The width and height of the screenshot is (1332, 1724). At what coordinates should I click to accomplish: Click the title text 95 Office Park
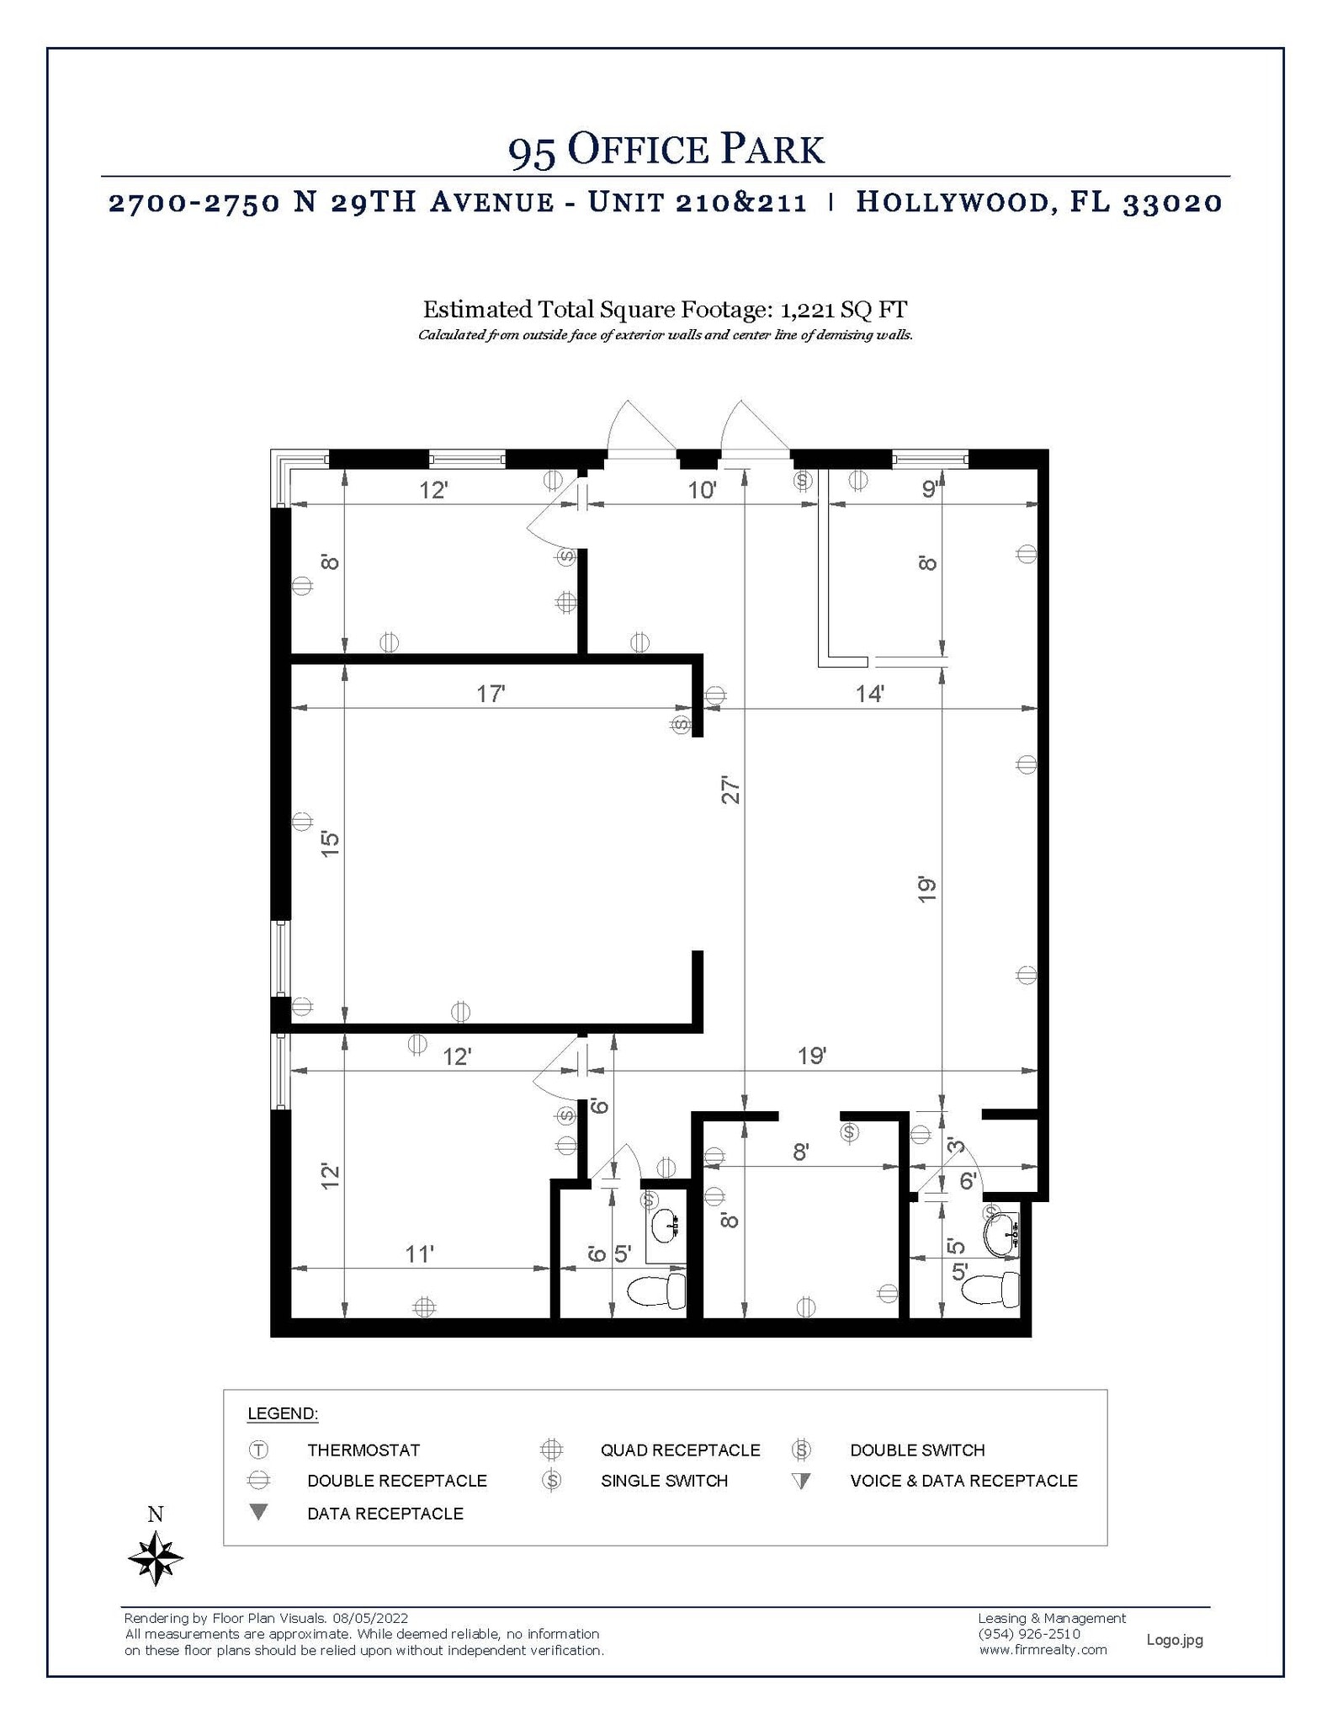click(x=666, y=150)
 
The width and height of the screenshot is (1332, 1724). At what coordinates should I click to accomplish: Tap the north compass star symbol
click(x=156, y=1558)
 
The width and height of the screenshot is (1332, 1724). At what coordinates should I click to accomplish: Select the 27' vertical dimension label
click(x=730, y=790)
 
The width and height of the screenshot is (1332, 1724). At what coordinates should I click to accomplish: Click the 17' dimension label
click(x=491, y=694)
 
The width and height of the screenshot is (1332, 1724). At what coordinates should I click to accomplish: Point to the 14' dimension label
click(x=869, y=694)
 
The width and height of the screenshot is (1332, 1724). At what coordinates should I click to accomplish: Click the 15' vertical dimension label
click(x=330, y=843)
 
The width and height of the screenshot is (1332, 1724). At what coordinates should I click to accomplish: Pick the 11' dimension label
click(x=419, y=1254)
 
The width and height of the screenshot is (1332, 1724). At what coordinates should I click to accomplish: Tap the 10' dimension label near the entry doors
click(x=702, y=490)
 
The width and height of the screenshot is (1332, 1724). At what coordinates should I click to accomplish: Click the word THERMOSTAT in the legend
click(x=364, y=1450)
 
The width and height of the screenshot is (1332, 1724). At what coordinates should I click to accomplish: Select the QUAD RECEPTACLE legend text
click(x=680, y=1450)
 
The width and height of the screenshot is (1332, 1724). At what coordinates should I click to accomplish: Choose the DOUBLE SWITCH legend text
click(x=917, y=1450)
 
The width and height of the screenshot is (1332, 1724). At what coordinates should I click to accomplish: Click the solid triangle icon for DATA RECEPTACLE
click(x=259, y=1512)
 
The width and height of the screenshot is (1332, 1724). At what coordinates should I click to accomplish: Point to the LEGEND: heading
click(x=283, y=1413)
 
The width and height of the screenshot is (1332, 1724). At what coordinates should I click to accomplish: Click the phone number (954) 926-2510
click(x=1029, y=1634)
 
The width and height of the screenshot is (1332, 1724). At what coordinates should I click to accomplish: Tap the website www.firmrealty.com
click(x=1043, y=1650)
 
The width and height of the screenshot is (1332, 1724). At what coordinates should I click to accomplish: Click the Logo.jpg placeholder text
click(x=1175, y=1639)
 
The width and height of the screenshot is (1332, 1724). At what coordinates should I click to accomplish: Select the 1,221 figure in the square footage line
click(x=807, y=310)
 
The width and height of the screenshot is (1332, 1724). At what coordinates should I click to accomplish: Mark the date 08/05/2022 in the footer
click(x=370, y=1618)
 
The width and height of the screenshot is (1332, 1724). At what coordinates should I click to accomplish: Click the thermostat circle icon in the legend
click(x=258, y=1450)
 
